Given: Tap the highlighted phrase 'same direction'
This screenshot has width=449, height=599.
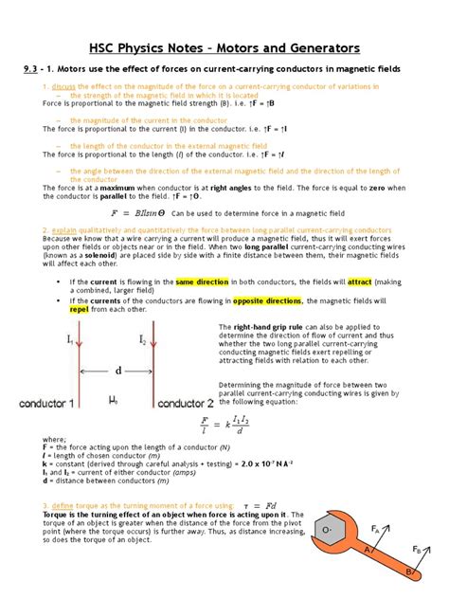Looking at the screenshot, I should (198, 281).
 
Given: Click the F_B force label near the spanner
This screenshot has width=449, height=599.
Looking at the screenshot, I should (416, 551).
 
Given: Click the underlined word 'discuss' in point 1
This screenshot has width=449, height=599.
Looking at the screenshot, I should (63, 86).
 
